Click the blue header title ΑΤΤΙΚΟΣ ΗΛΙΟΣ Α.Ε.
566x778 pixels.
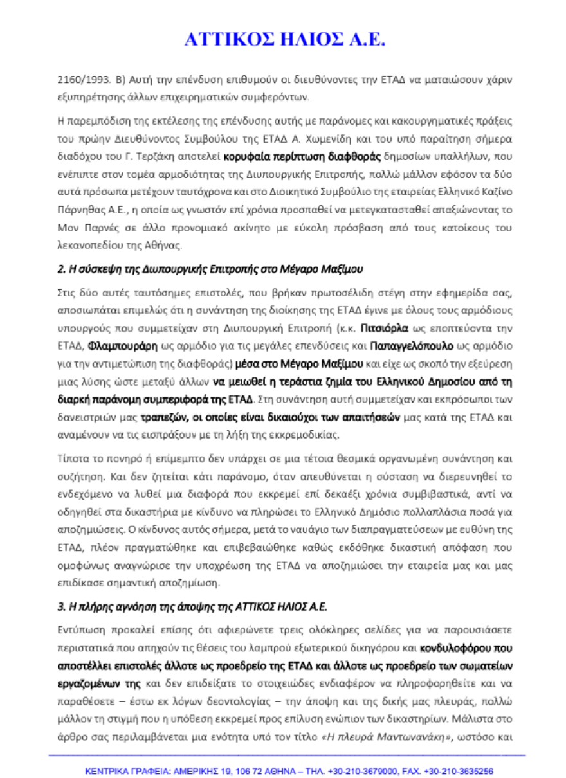[284, 40]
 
